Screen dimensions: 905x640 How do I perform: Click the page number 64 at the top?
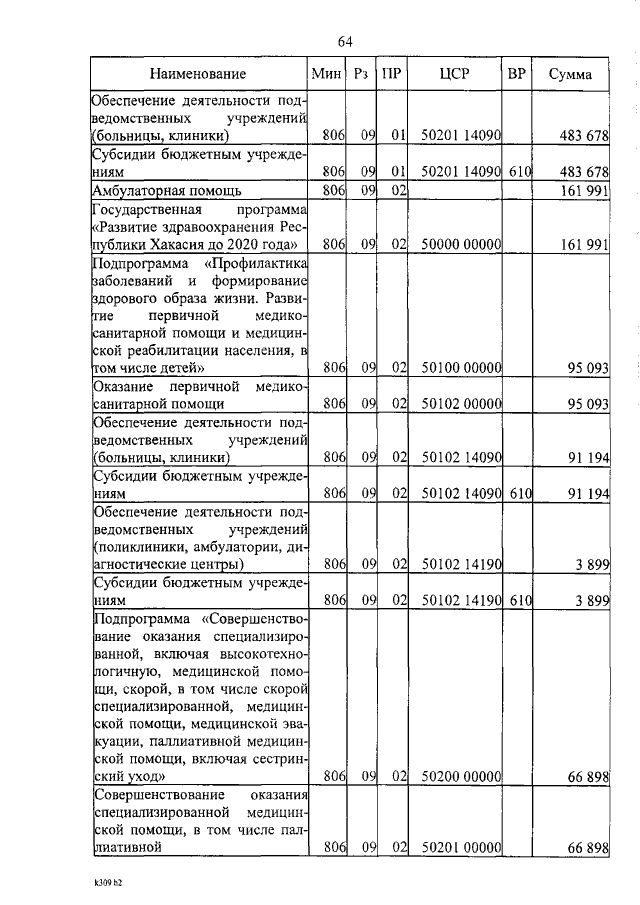point(345,41)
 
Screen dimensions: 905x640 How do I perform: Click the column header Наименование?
point(198,74)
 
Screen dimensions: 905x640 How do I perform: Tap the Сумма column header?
point(570,75)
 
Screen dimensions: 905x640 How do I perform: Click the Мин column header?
point(326,74)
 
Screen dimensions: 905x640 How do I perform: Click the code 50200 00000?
point(461,775)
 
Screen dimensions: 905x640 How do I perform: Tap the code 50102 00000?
point(461,404)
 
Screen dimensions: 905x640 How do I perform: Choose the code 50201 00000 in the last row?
point(461,848)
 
